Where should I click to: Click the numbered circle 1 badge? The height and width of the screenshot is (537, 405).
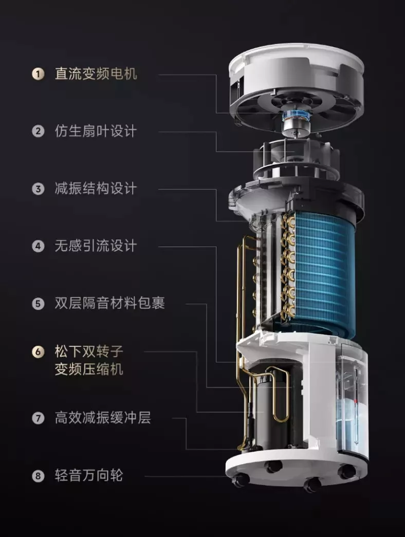click(x=38, y=74)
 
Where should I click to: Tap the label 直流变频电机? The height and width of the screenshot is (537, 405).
click(x=96, y=73)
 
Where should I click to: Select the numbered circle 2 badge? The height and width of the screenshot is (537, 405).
click(x=38, y=131)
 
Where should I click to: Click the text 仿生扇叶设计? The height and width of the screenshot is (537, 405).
click(x=96, y=131)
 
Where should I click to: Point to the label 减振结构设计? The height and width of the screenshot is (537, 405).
click(x=96, y=189)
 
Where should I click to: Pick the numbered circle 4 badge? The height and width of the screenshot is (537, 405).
click(x=38, y=246)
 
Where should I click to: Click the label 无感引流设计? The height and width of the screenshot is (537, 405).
click(x=96, y=246)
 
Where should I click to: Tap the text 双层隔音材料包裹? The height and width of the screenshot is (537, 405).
click(x=109, y=303)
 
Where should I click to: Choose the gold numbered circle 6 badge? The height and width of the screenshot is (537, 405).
click(x=38, y=352)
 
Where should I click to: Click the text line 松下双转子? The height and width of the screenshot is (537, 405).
click(x=89, y=351)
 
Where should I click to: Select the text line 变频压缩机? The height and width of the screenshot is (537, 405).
click(x=89, y=369)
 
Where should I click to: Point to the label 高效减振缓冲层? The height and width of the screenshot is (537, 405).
click(x=103, y=418)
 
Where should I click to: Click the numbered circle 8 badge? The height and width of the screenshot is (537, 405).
click(x=38, y=476)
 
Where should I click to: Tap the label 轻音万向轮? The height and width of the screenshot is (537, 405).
click(x=89, y=475)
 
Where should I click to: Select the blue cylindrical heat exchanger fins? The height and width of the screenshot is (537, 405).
click(x=324, y=270)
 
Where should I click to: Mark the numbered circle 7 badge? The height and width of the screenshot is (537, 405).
click(x=38, y=418)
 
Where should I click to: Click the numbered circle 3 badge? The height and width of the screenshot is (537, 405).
click(x=38, y=189)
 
